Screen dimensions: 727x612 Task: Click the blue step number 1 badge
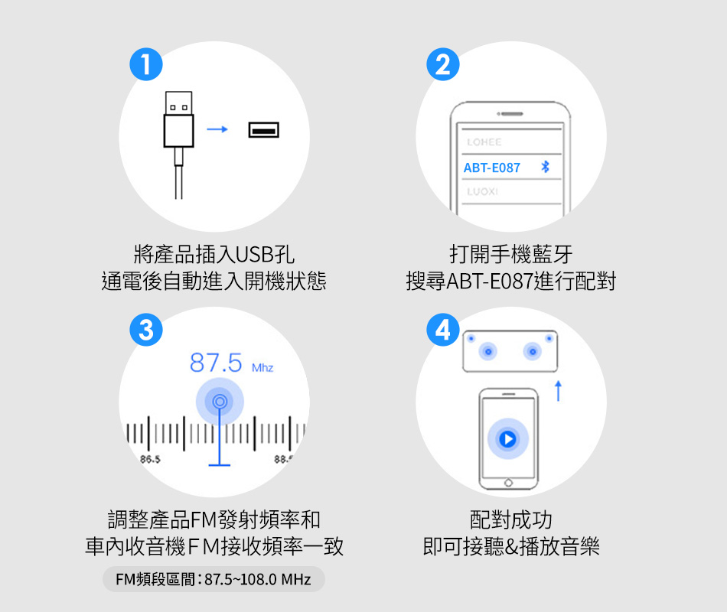click(x=146, y=64)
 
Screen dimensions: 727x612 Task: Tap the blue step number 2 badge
click(x=443, y=64)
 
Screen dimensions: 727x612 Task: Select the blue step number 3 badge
click(x=146, y=330)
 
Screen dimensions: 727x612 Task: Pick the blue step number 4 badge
click(x=443, y=330)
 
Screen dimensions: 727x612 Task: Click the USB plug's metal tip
click(x=178, y=103)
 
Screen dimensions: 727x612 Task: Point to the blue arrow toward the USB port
click(x=217, y=129)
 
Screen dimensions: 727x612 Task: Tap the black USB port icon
click(x=264, y=130)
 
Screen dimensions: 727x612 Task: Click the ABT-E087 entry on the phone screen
click(x=492, y=168)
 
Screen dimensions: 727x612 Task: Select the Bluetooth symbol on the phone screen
click(x=545, y=167)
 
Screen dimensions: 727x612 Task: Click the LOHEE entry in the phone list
click(x=484, y=142)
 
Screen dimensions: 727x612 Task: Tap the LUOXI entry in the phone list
click(x=482, y=191)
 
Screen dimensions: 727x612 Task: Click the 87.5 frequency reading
click(x=216, y=363)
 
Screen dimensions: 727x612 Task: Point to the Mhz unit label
click(x=262, y=368)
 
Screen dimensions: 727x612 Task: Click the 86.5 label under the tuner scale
click(x=150, y=459)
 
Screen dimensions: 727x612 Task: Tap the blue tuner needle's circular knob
click(x=220, y=402)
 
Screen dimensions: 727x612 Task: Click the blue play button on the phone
click(x=507, y=438)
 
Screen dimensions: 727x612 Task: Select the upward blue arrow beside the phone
click(x=558, y=391)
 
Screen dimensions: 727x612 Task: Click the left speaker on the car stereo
click(x=487, y=351)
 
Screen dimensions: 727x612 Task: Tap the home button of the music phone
click(x=508, y=483)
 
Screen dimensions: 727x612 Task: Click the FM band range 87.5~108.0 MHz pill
click(x=214, y=579)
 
